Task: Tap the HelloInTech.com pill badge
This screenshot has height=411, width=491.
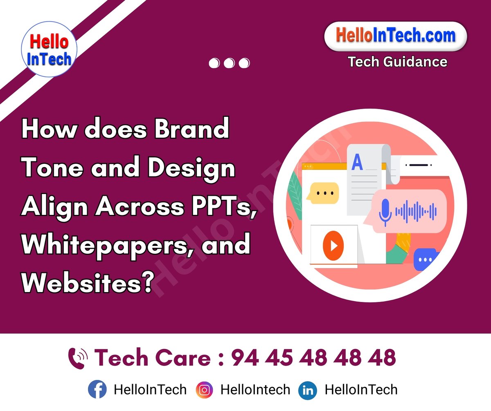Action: pyautogui.click(x=395, y=36)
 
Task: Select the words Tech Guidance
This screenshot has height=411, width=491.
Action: pyautogui.click(x=397, y=62)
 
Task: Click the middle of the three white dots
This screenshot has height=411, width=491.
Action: pyautogui.click(x=229, y=63)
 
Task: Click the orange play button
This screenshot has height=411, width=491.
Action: pyautogui.click(x=333, y=246)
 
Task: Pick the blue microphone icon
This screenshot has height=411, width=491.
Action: pyautogui.click(x=385, y=211)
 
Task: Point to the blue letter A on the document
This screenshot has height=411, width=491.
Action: pyautogui.click(x=357, y=162)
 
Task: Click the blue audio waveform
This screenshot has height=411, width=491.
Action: pyautogui.click(x=416, y=212)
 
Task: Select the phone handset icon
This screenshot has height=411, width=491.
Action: pyautogui.click(x=78, y=358)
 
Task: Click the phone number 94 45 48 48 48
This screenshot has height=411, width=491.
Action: pyautogui.click(x=313, y=358)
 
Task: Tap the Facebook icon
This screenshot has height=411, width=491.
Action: pyautogui.click(x=97, y=390)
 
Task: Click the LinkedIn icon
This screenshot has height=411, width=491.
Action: pyautogui.click(x=308, y=390)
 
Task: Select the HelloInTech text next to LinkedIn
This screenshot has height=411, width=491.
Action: pyautogui.click(x=361, y=390)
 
